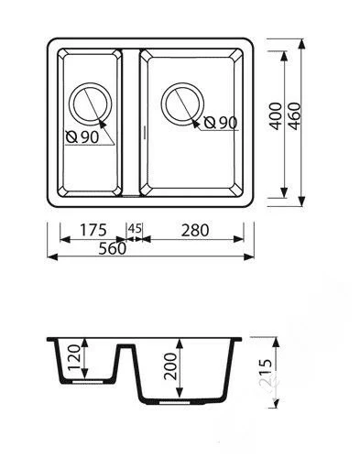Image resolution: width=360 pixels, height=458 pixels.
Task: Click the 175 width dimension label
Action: click(93, 230)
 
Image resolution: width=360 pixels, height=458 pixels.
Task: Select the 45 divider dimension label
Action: click(135, 228)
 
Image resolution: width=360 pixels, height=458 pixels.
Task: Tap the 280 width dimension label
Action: click(195, 230)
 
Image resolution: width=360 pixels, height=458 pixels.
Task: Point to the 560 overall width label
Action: click(113, 248)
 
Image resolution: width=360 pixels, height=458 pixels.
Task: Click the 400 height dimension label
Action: click(276, 116)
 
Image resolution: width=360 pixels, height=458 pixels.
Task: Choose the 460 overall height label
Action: click(294, 116)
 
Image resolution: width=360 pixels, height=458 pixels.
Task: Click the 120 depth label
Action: click(73, 357)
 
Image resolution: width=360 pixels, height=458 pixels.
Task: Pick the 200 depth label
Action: click(170, 366)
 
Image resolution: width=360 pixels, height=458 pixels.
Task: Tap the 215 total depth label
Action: click(265, 373)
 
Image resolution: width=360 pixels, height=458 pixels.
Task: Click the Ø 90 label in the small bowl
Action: click(82, 137)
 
